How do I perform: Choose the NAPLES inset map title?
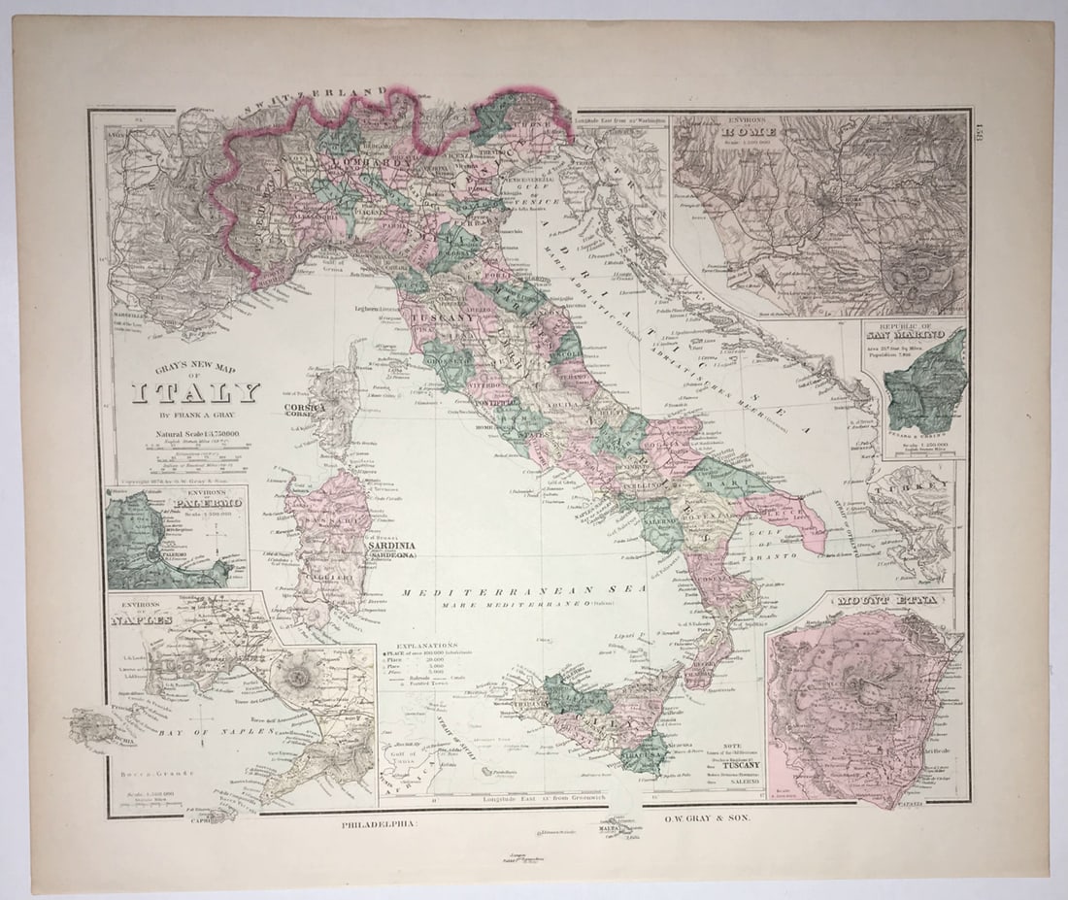point(142,618)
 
